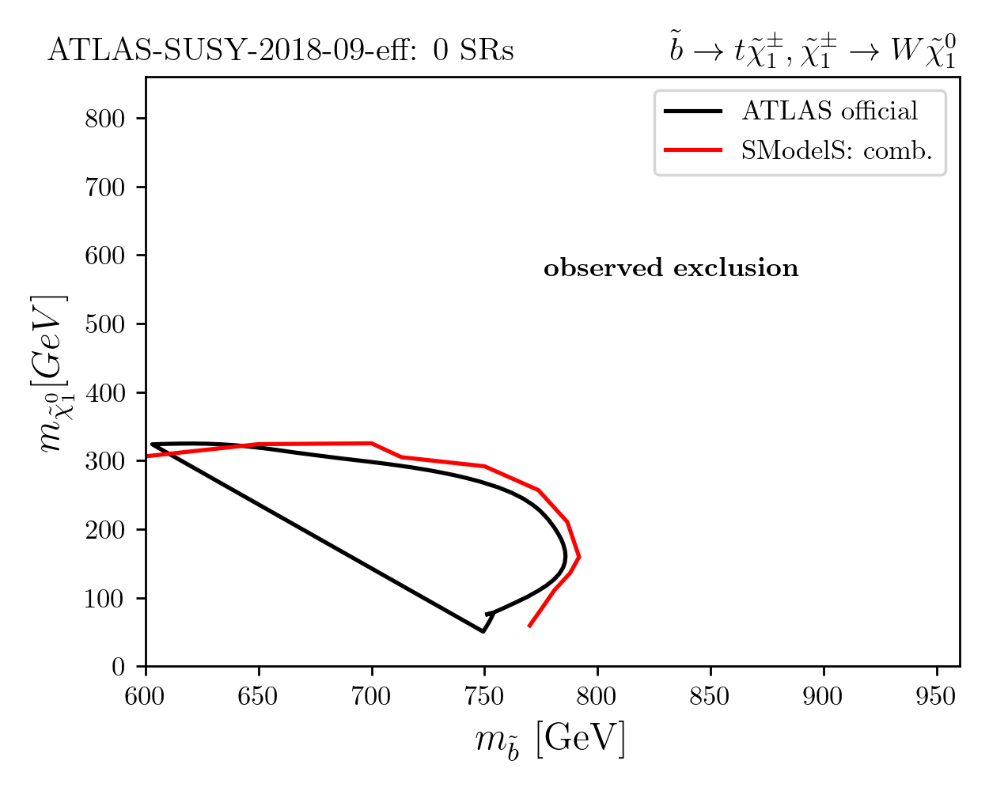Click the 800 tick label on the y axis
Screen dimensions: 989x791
click(104, 119)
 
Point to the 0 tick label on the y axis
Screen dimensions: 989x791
click(118, 667)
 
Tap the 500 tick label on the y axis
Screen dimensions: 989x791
click(104, 324)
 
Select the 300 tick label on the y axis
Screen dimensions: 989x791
click(104, 461)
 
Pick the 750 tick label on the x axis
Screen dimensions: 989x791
click(484, 696)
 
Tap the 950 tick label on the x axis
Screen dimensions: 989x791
click(936, 696)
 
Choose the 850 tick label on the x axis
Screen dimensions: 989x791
click(710, 696)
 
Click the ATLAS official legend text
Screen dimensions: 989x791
click(829, 111)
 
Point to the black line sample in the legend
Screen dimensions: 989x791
click(693, 112)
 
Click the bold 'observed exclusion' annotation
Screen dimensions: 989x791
click(672, 268)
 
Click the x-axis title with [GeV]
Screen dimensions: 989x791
click(550, 741)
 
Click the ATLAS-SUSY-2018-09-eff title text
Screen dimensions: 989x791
click(281, 51)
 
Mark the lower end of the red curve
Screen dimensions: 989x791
click(529, 626)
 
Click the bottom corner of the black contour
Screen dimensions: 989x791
click(483, 631)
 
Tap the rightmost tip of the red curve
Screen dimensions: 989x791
click(579, 557)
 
